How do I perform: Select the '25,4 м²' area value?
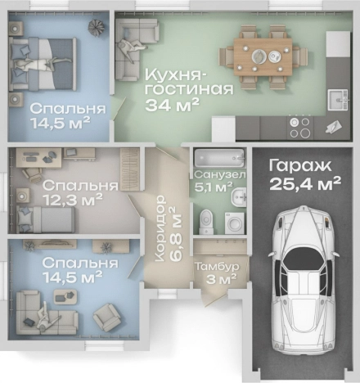pyautogui.click(x=304, y=184)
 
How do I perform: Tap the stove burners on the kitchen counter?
pyautogui.click(x=299, y=127)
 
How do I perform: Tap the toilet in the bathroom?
pyautogui.click(x=208, y=219)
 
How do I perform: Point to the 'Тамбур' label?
pyautogui.click(x=215, y=266)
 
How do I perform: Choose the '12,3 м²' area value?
pyautogui.click(x=73, y=198)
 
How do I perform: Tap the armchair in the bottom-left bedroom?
pyautogui.click(x=107, y=315)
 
